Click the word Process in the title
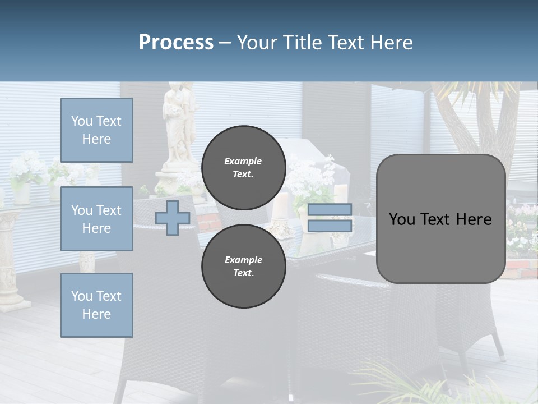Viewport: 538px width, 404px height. pyautogui.click(x=176, y=43)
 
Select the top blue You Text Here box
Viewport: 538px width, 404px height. pyautogui.click(x=96, y=130)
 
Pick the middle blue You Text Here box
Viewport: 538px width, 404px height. pyautogui.click(x=96, y=219)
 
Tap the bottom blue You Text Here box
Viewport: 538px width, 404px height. pyautogui.click(x=96, y=305)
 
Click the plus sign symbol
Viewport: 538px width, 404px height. pyautogui.click(x=173, y=218)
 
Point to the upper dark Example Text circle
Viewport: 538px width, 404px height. pyautogui.click(x=244, y=168)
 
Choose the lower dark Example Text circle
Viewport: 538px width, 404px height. pyautogui.click(x=244, y=267)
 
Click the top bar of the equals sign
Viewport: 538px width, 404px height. pyautogui.click(x=330, y=209)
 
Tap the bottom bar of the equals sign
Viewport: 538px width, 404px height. pyautogui.click(x=330, y=226)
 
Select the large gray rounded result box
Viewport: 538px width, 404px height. pyautogui.click(x=440, y=219)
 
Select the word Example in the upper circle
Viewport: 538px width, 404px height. pyautogui.click(x=243, y=161)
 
